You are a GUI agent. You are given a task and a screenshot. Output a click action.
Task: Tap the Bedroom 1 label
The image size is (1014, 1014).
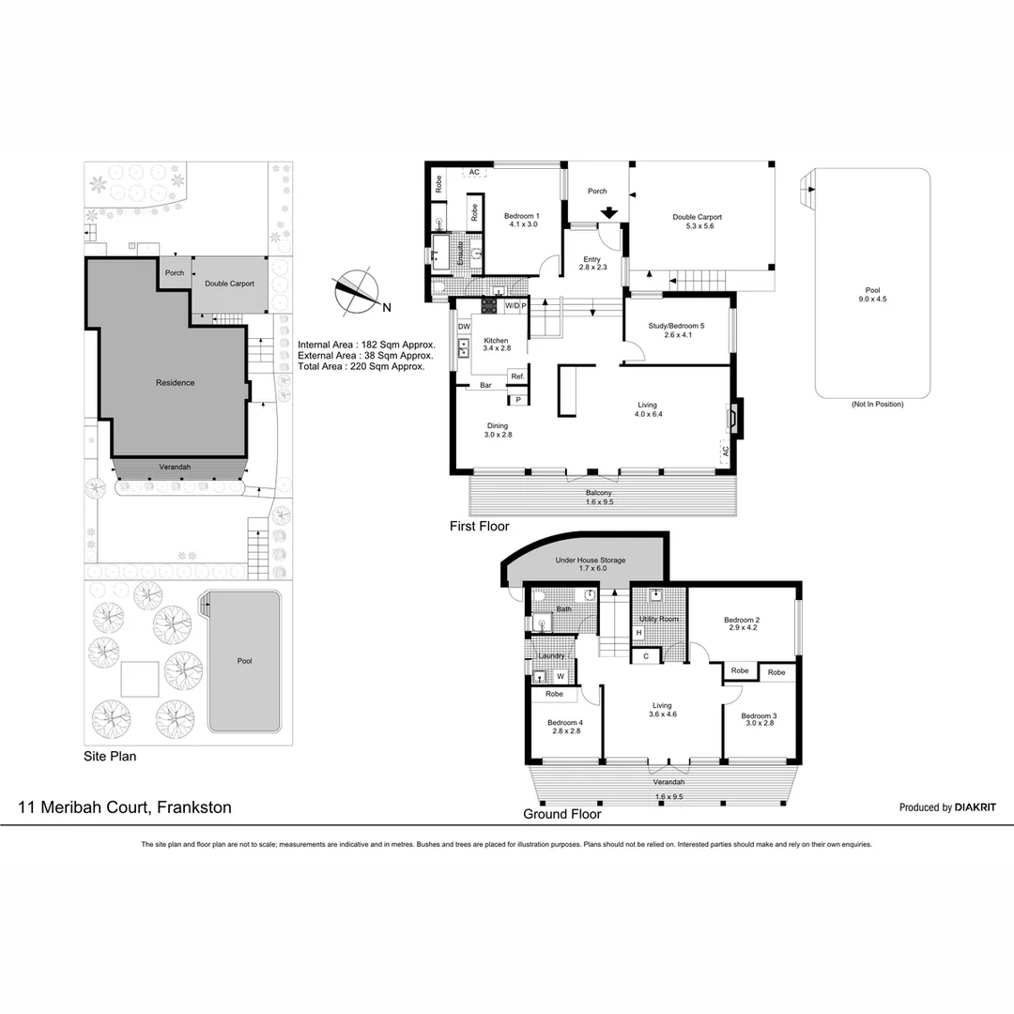tap(521, 220)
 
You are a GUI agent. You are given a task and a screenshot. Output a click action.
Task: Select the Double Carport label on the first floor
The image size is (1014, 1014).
tap(697, 222)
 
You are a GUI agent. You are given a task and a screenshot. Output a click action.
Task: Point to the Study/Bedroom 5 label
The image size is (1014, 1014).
tap(676, 330)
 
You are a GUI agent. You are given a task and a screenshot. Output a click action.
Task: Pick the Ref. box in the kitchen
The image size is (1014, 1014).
tap(517, 376)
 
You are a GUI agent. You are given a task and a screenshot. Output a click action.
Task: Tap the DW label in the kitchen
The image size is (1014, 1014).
tap(464, 327)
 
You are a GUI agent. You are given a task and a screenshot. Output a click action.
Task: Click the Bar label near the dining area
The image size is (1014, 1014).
tap(486, 385)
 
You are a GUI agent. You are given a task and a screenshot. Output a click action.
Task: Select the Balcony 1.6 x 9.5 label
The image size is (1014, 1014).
tap(599, 498)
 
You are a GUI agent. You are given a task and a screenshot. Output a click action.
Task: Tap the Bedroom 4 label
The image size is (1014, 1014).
tap(566, 726)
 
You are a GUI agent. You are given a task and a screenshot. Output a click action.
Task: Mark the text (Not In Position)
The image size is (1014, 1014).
tap(877, 404)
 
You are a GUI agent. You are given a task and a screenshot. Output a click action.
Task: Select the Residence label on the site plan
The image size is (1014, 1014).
tap(175, 383)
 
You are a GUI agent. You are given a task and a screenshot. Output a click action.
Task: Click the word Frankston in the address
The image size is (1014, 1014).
tap(193, 807)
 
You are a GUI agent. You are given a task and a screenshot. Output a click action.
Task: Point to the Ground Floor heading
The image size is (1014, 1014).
tap(561, 814)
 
